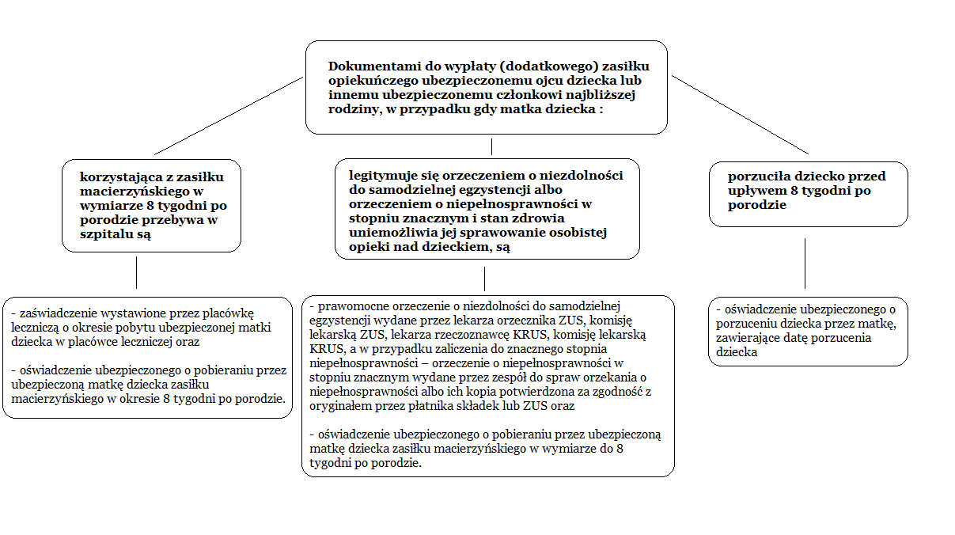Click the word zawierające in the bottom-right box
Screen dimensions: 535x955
(748, 337)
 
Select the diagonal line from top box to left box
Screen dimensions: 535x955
(229, 116)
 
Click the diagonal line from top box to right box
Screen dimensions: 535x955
(740, 115)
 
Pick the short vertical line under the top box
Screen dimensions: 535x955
(492, 146)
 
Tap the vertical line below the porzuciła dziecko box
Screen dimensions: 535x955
(805, 263)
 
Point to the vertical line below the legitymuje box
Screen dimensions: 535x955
(484, 279)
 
